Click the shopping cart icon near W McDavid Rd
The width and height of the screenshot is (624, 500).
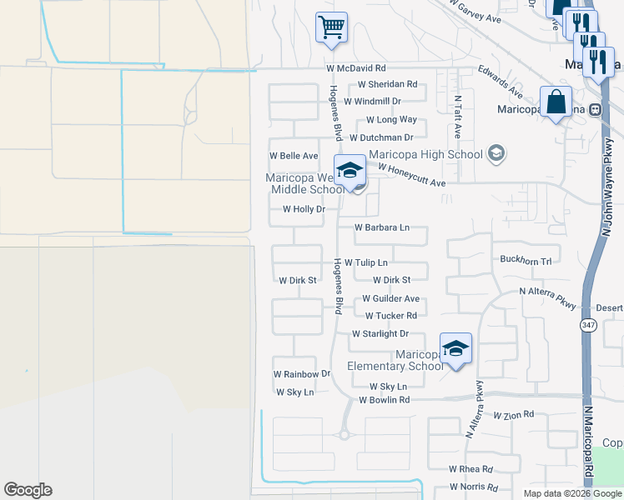click(331, 27)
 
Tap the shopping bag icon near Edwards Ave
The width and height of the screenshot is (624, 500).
click(556, 102)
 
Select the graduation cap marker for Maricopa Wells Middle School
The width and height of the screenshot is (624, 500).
click(350, 171)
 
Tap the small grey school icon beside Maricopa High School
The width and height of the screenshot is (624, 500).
click(496, 153)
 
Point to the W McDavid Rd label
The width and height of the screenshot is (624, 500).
click(356, 67)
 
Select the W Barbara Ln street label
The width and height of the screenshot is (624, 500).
click(382, 227)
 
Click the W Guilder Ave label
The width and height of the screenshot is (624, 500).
click(390, 298)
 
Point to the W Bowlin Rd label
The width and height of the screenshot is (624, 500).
click(384, 400)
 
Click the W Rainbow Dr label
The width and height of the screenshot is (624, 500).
click(302, 374)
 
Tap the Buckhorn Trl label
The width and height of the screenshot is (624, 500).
click(526, 261)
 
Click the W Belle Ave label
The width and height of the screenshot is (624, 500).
click(293, 156)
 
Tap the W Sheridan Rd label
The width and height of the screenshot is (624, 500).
click(387, 84)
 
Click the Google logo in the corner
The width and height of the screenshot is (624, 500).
click(28, 490)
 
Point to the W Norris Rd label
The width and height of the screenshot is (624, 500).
click(473, 487)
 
